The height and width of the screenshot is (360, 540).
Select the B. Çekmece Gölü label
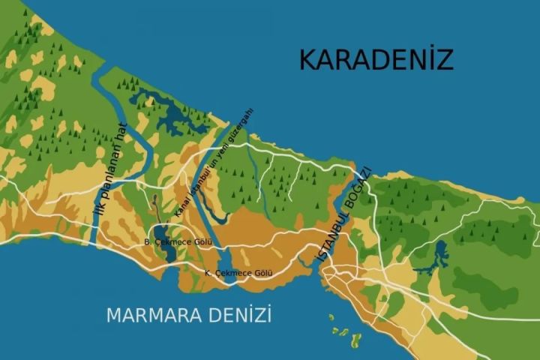click(x=178, y=242)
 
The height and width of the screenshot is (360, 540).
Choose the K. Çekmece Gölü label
click(x=238, y=274)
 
